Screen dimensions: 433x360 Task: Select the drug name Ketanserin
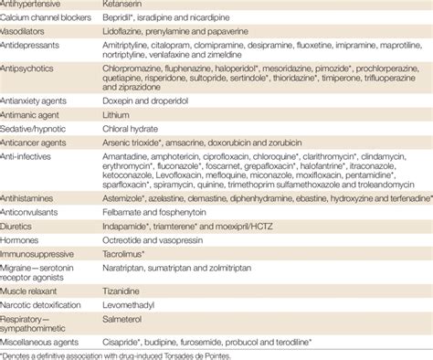pos(138,5)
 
